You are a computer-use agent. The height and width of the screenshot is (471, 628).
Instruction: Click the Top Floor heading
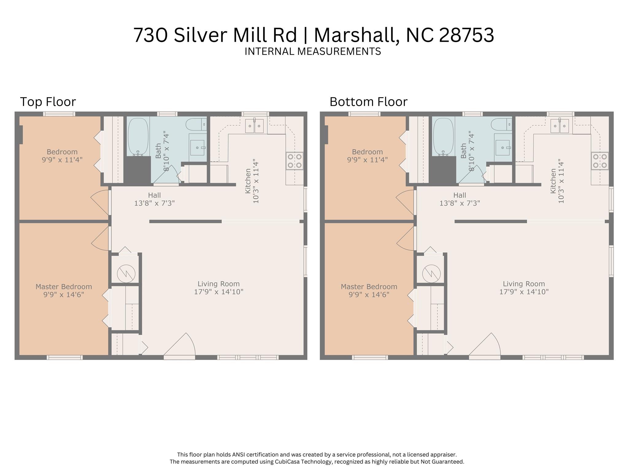pos(48,102)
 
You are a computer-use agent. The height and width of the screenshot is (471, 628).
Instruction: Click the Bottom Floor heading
pos(368,102)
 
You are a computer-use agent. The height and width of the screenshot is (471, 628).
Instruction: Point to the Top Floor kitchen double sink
pos(255,126)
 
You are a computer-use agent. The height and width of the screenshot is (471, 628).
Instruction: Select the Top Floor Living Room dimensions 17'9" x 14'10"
pos(218,291)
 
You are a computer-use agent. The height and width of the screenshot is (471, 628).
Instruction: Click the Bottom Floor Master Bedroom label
pos(369,287)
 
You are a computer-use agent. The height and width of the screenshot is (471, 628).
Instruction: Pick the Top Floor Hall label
pos(154,195)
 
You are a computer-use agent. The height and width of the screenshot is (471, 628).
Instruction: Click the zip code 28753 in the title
pos(466,35)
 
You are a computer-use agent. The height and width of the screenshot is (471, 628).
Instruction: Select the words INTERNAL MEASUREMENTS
pos(313,51)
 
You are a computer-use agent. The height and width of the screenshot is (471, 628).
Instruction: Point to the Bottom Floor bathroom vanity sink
pos(503,148)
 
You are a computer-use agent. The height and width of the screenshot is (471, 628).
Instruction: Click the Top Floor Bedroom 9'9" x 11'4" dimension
pos(62,160)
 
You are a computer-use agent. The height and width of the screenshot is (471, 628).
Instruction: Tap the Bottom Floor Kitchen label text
pos(553,181)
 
